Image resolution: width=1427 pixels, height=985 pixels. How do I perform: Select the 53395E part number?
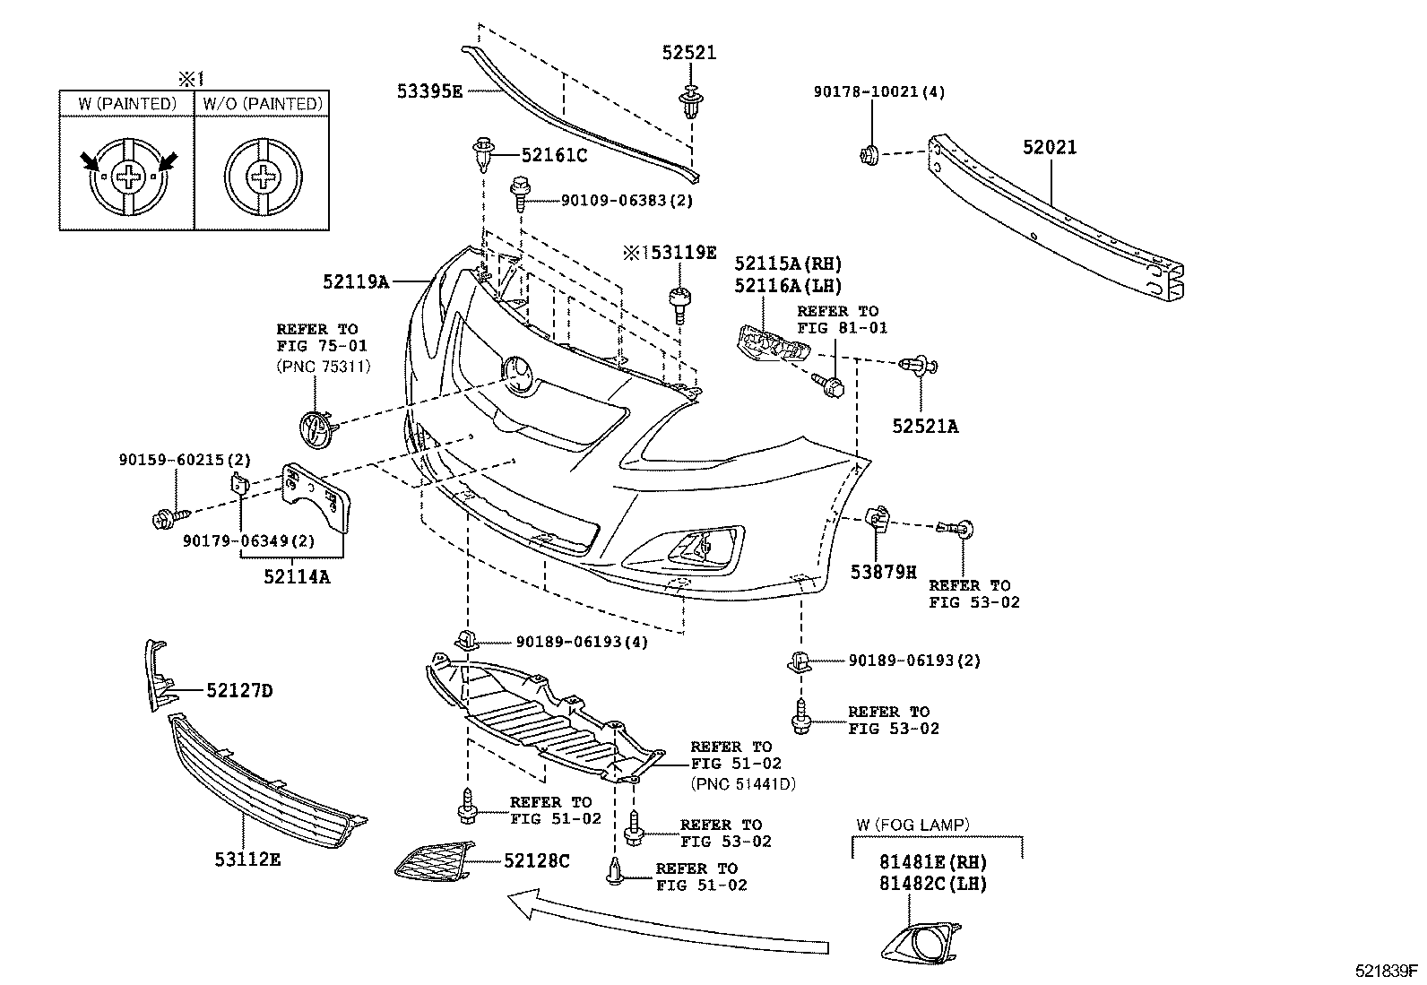(430, 91)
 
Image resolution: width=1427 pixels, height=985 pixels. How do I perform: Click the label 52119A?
(356, 282)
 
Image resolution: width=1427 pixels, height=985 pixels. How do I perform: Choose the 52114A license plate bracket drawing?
(316, 497)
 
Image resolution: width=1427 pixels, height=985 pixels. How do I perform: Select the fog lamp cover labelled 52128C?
(436, 861)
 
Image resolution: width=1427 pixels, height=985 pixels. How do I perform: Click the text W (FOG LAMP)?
(912, 825)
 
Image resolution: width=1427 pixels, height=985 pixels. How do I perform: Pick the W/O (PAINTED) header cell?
(261, 104)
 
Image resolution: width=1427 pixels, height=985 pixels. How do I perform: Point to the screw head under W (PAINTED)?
(130, 177)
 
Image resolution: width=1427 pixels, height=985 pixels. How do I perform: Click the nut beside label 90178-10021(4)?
(869, 154)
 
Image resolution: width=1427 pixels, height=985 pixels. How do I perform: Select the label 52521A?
(924, 427)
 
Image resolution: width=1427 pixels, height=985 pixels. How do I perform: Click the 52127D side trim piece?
(158, 678)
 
